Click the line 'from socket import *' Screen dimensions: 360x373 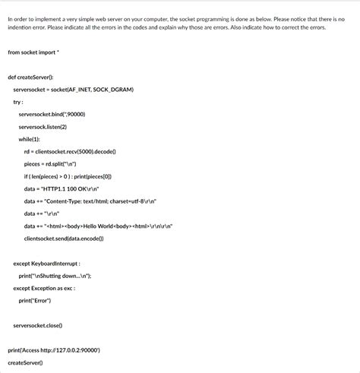[35, 52]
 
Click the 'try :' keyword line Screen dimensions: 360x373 [18, 101]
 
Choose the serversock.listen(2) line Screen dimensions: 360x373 [43, 126]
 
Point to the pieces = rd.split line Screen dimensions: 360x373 [50, 163]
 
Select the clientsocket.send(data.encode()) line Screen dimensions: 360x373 [64, 238]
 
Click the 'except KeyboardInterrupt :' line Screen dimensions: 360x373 [47, 263]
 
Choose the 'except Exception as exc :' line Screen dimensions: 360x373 [44, 288]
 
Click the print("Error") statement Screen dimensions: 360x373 [35, 300]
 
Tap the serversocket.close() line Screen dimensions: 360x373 [37, 325]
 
